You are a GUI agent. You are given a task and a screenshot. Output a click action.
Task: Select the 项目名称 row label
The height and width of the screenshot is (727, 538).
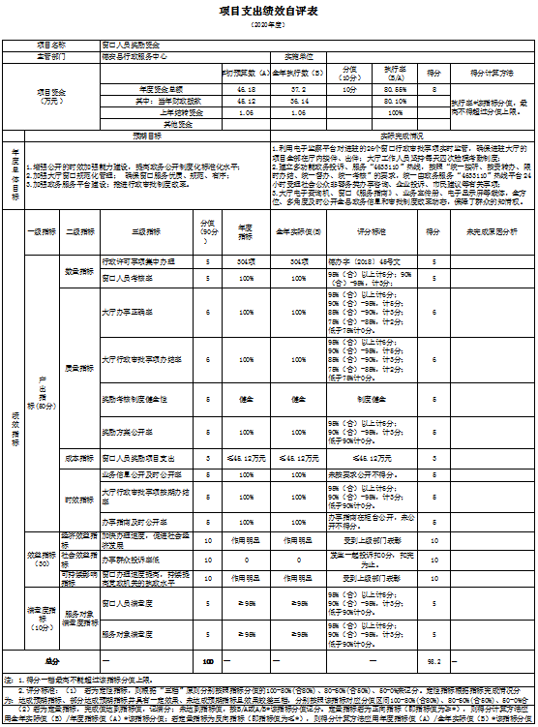(x=53, y=45)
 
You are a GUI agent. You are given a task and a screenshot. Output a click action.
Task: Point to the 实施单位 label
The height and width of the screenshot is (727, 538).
(x=301, y=55)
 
